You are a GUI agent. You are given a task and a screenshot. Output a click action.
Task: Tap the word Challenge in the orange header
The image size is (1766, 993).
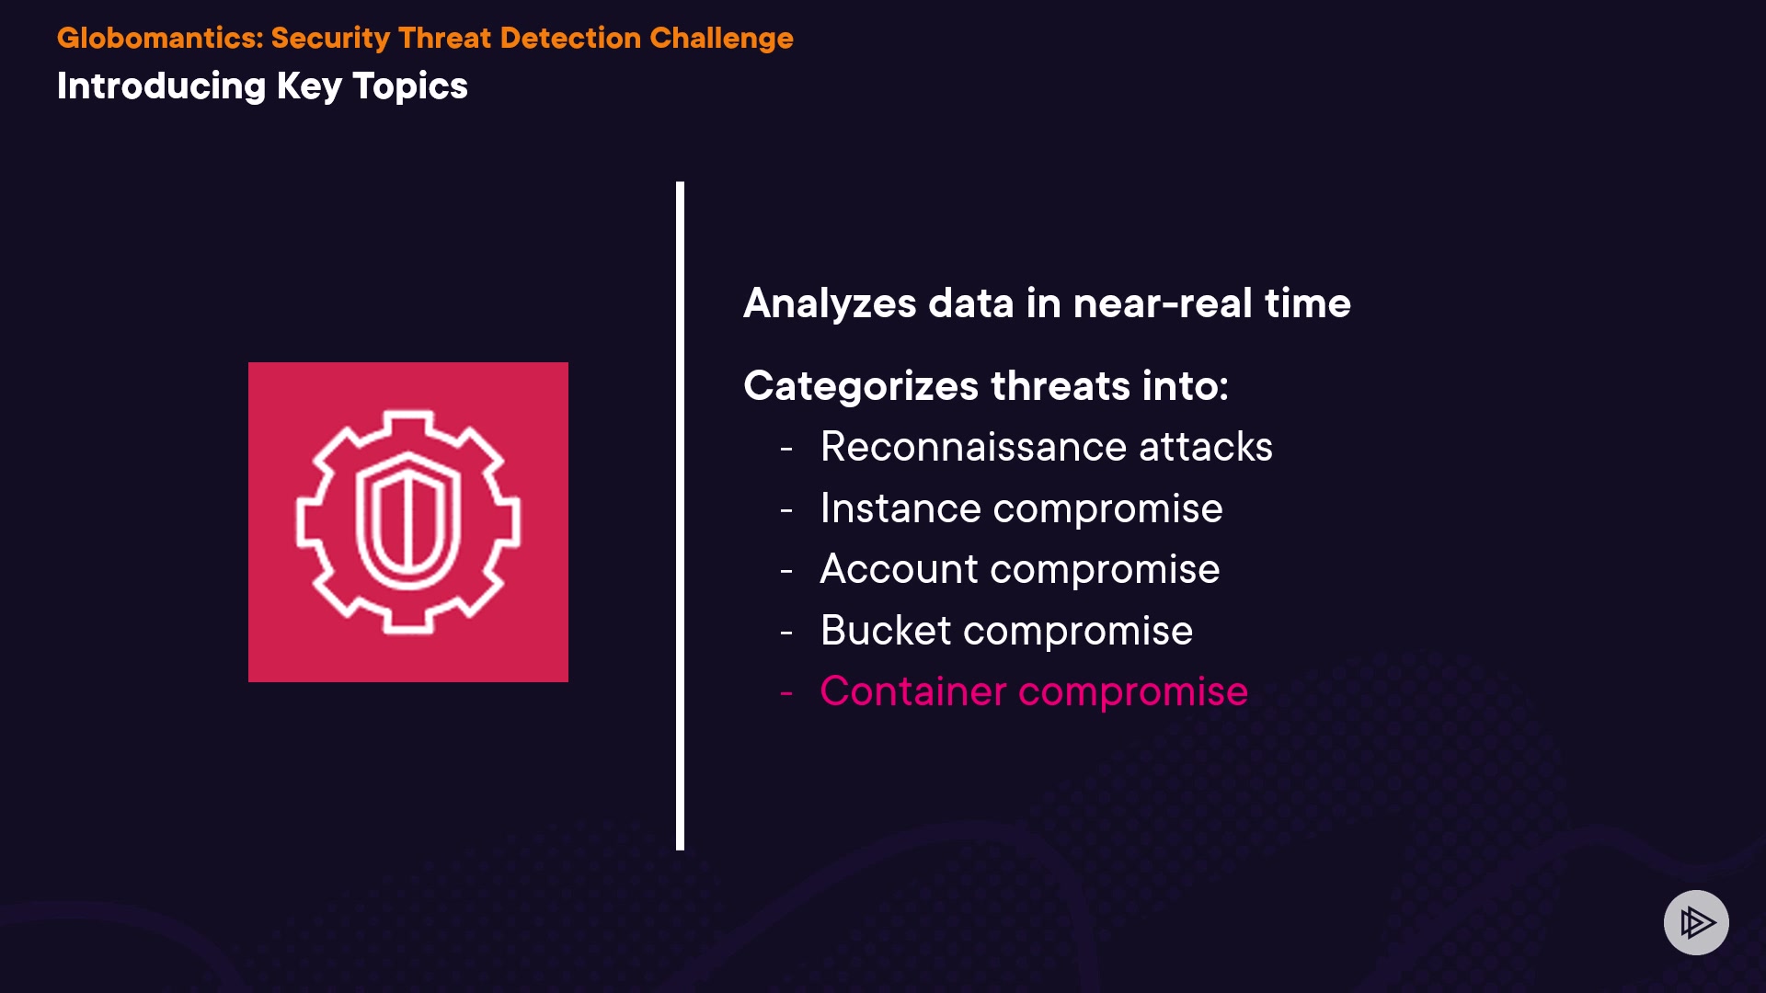[721, 40]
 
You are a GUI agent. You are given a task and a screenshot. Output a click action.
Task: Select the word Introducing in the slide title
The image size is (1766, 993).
[162, 87]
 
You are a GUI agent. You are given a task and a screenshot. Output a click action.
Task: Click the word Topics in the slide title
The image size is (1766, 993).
[410, 87]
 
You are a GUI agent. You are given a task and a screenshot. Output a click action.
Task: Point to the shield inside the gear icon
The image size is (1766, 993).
[407, 521]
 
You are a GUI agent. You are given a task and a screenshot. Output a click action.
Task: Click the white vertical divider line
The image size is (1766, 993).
[680, 516]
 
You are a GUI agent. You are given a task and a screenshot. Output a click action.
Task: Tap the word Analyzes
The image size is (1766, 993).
[830, 304]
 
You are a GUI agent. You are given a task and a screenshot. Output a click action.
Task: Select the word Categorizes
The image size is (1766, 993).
[861, 386]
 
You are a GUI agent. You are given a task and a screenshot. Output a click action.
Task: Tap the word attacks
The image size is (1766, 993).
[1206, 447]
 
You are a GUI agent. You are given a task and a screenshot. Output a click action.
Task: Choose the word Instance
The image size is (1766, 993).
[900, 508]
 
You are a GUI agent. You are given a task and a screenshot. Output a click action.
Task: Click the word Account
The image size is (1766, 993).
[899, 569]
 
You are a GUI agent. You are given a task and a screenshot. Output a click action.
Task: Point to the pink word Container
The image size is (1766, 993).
[913, 691]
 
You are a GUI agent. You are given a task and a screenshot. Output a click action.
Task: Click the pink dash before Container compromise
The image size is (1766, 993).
[786, 693]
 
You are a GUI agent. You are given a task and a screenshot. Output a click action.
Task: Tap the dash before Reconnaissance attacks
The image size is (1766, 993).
[786, 449]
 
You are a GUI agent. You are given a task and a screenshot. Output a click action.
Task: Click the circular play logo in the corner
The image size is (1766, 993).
[1696, 922]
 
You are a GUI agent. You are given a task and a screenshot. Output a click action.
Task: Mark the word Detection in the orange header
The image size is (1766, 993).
[570, 38]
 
